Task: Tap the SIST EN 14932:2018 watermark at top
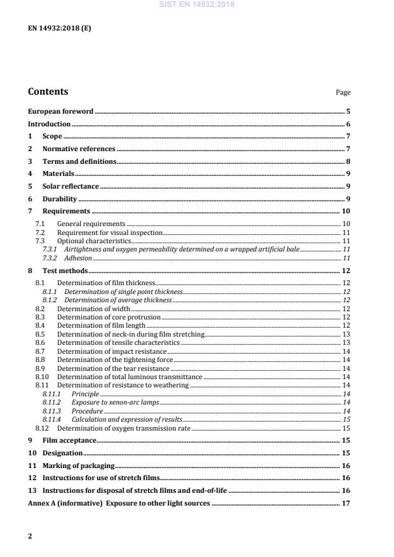(x=196, y=5)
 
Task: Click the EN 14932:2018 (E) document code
(x=59, y=28)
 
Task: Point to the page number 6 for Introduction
(x=348, y=124)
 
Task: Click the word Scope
(x=52, y=137)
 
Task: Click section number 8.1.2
(x=50, y=300)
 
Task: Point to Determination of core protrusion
(x=109, y=316)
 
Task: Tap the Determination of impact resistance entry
(x=112, y=351)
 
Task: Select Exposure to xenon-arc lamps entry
(x=115, y=403)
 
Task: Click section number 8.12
(x=43, y=428)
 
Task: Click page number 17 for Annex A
(x=346, y=503)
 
